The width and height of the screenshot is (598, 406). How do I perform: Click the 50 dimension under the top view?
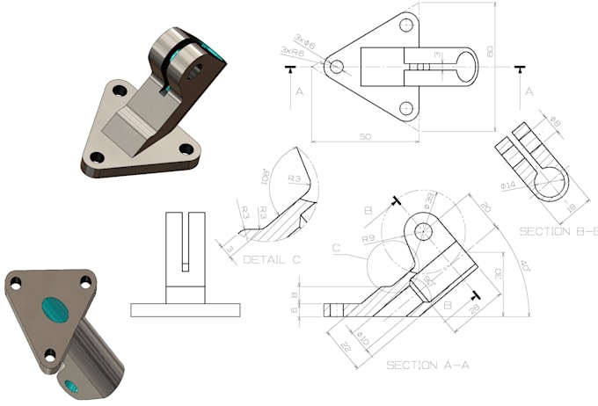click(367, 138)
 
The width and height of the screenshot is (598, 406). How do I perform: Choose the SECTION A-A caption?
click(422, 364)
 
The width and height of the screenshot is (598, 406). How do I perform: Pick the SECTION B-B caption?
click(556, 231)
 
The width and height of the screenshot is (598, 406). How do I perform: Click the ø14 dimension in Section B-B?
click(508, 185)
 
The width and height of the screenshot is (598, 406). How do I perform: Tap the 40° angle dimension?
click(525, 264)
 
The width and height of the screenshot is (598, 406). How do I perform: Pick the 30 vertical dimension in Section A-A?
click(497, 275)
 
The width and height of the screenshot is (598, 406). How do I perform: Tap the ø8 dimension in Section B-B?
click(555, 121)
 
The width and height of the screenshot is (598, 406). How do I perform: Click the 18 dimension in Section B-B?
click(570, 207)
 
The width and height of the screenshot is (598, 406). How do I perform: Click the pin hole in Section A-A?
click(425, 231)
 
